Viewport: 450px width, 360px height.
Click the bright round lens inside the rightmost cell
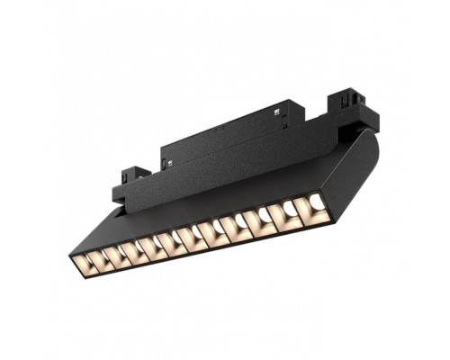coord(317,204)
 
